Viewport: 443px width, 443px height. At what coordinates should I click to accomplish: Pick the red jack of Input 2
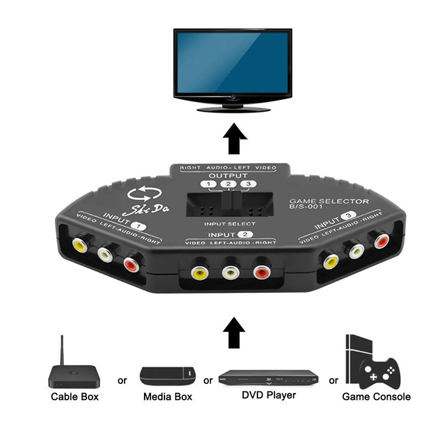click(x=261, y=272)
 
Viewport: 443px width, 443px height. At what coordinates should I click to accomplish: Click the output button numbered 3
click(x=250, y=185)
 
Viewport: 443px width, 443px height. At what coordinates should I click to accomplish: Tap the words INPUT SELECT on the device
click(x=230, y=225)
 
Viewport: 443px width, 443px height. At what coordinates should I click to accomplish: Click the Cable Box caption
click(x=75, y=396)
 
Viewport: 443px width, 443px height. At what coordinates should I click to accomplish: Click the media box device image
click(x=168, y=377)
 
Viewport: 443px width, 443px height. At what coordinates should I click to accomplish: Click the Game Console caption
click(x=376, y=396)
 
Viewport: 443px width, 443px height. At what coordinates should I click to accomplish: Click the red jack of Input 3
click(x=381, y=241)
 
